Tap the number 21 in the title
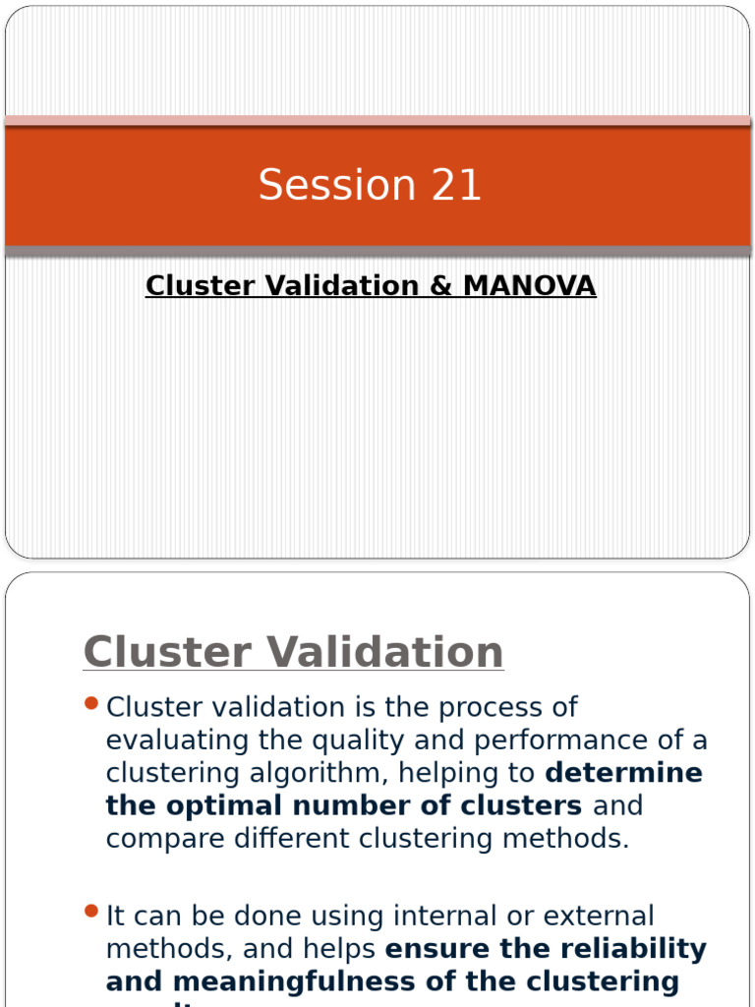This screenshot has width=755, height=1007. (x=456, y=185)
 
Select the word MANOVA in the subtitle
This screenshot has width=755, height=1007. (x=529, y=286)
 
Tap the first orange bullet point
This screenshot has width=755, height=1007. (x=92, y=703)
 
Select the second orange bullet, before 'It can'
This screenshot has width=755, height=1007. (x=92, y=912)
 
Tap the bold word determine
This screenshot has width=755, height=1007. (x=623, y=773)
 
